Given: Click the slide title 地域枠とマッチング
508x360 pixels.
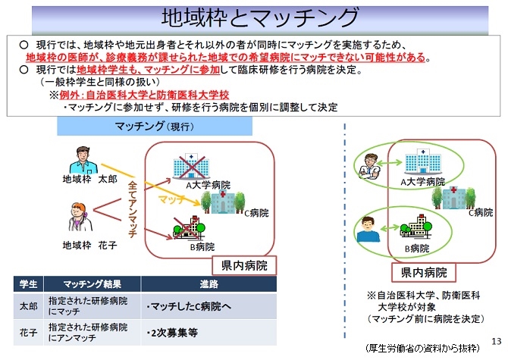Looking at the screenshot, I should (254, 17).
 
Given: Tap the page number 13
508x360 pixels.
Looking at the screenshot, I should (497, 339).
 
